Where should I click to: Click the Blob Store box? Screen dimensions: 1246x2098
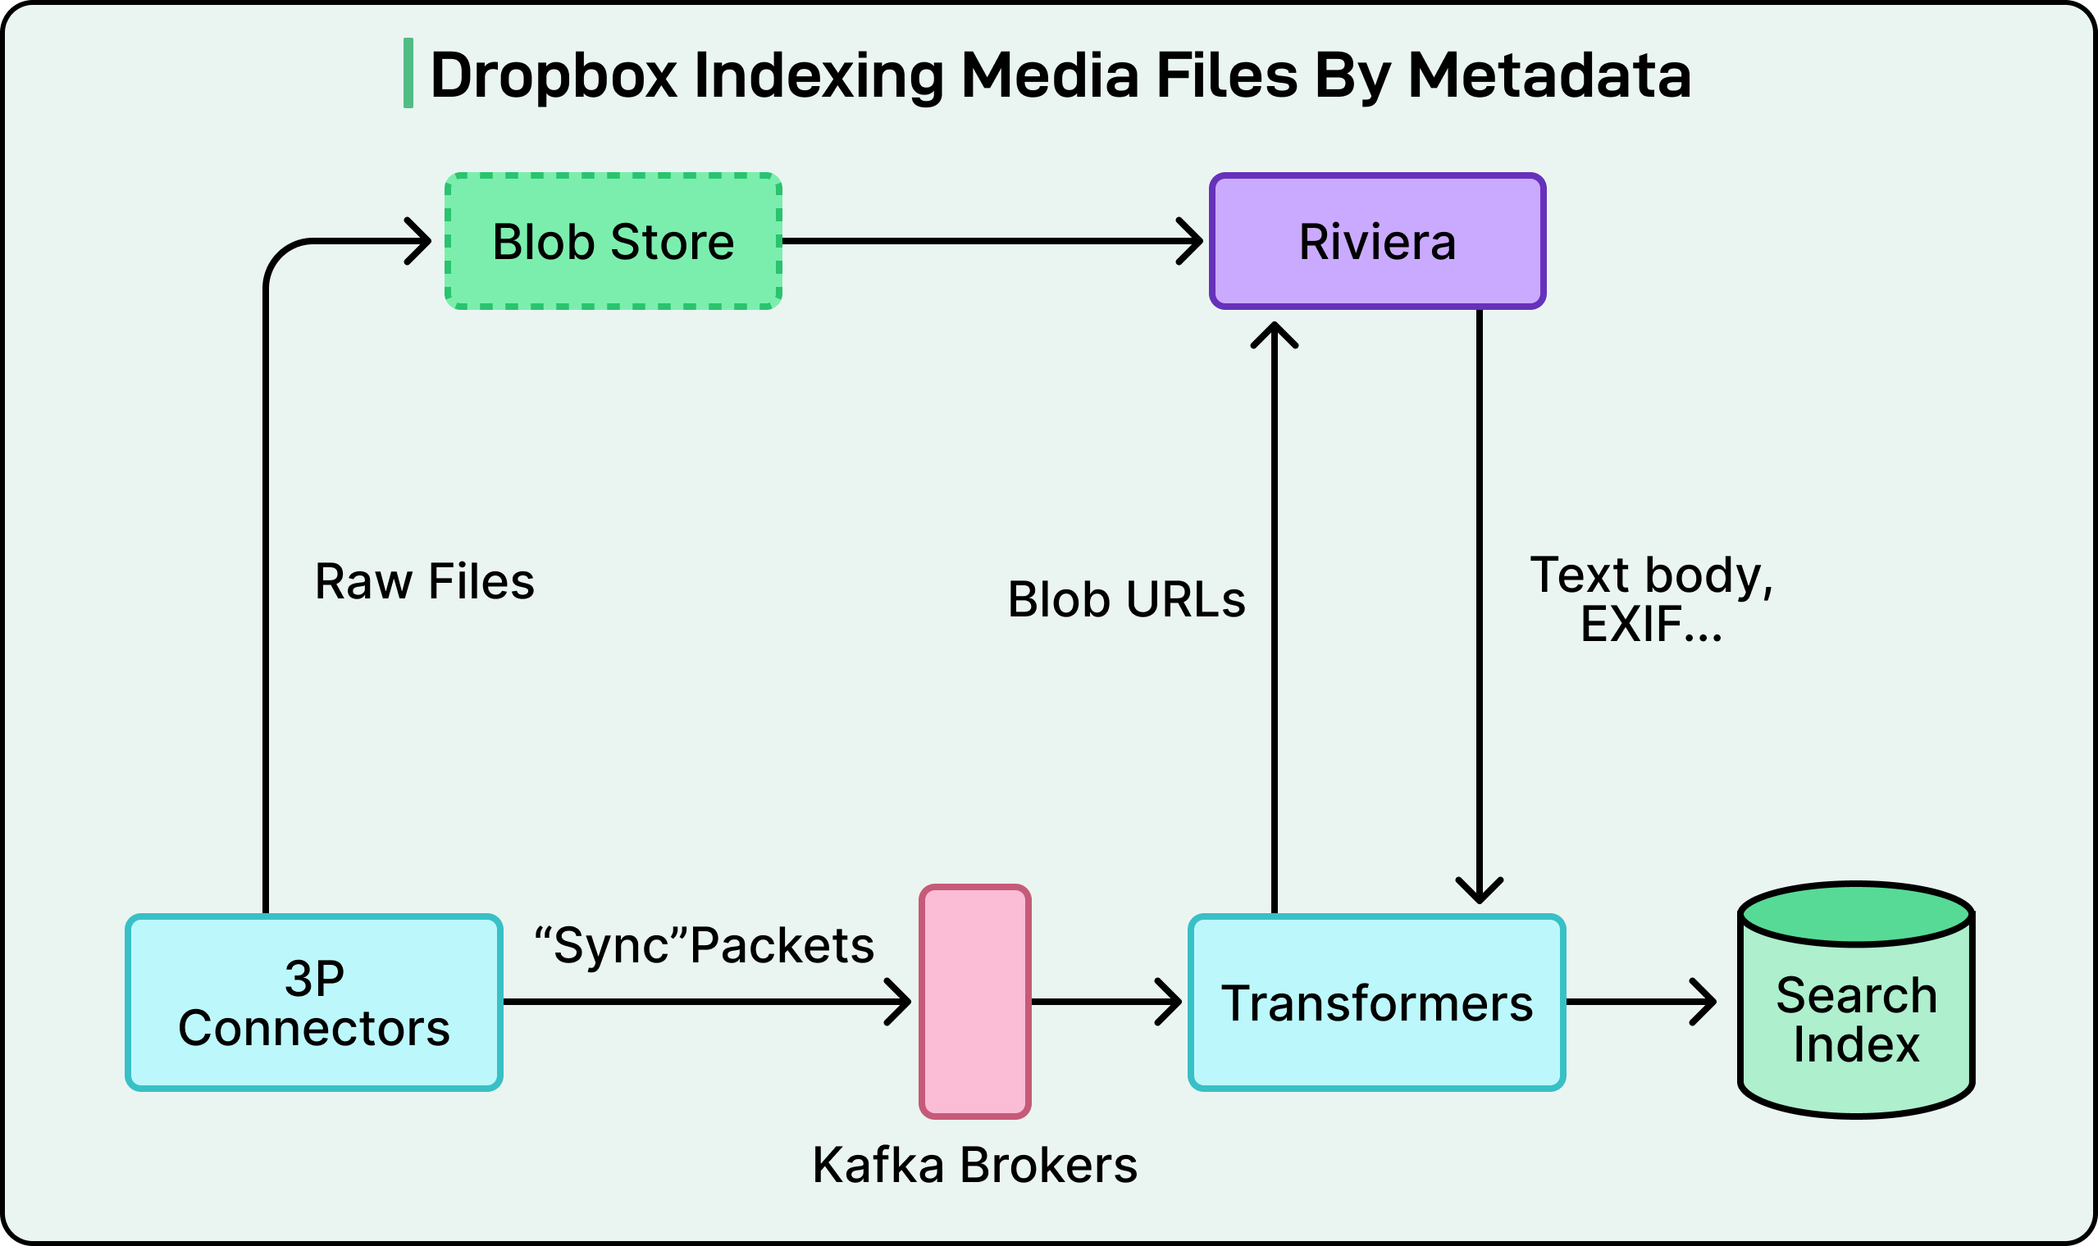pos(613,242)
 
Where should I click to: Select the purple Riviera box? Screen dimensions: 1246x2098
pos(1377,242)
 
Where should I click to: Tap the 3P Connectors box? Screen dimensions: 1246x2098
pos(314,1003)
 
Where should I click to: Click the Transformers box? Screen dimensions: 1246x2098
pos(1376,1003)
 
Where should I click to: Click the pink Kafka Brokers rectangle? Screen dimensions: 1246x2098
pos(975,1002)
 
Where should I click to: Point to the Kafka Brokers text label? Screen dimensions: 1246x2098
pos(974,1166)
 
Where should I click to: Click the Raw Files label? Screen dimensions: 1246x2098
pos(424,581)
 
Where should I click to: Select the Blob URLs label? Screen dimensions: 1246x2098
pos(1126,599)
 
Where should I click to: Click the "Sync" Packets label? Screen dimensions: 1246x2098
pos(704,945)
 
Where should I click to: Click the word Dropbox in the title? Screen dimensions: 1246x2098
pos(554,75)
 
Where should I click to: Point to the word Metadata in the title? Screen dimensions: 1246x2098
pos(1548,75)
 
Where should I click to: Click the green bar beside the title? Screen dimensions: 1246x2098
pos(408,73)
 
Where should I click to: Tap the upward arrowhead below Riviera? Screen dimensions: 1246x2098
pos(1274,333)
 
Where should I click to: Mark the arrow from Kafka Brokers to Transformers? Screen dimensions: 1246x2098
pos(1105,1002)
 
